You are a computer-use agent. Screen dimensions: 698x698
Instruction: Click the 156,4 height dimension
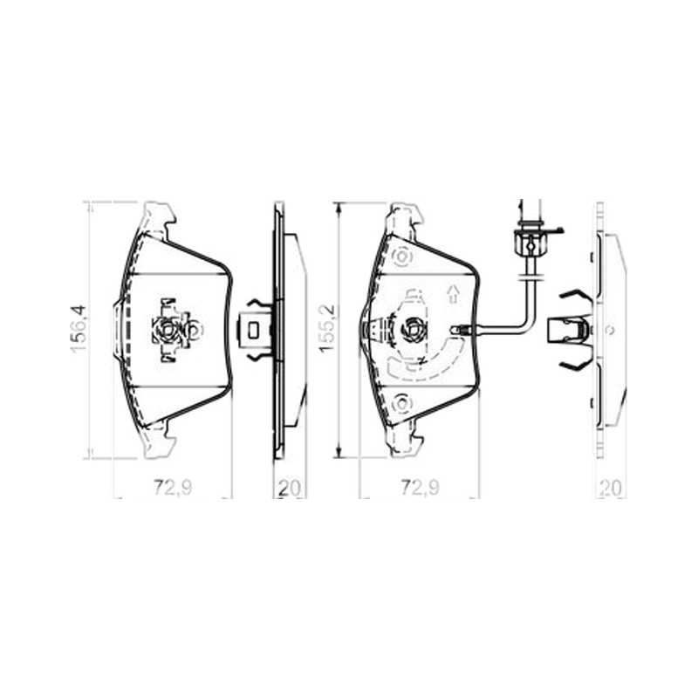pos(79,330)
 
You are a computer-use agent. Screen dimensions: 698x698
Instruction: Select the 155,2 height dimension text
pos(327,330)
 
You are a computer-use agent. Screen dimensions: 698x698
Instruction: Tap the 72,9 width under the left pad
pos(173,488)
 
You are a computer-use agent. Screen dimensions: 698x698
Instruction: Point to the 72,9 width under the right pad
pos(421,488)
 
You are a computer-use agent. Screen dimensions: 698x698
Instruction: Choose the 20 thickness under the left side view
pos(290,489)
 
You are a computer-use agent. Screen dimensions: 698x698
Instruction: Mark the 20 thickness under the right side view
pos(611,489)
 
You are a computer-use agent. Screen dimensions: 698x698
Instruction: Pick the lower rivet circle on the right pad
pos(402,404)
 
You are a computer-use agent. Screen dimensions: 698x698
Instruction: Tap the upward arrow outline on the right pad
pos(453,294)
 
